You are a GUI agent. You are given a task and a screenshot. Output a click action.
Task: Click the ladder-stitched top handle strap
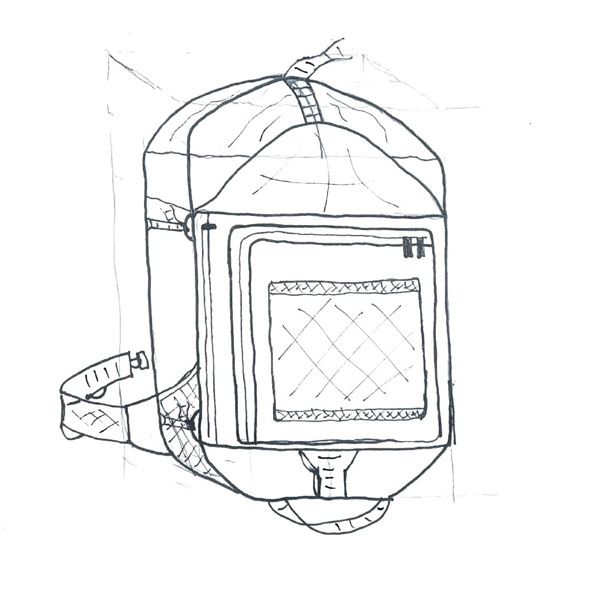coord(306,99)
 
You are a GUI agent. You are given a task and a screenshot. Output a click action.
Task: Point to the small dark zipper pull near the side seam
coord(209,226)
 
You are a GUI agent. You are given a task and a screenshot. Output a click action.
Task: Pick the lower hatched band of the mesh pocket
coord(348,413)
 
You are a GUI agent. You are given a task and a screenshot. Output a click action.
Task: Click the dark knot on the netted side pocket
coord(191,424)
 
